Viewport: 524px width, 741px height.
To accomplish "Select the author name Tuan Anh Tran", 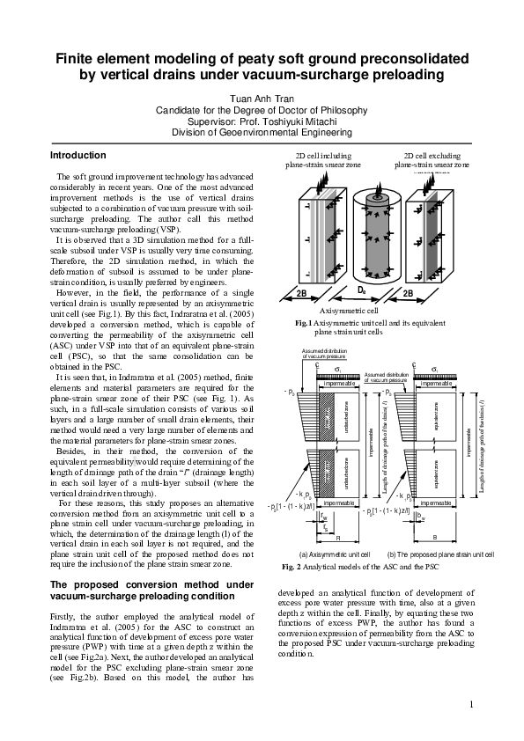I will tap(262, 98).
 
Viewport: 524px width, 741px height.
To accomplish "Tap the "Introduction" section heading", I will tap(80, 155).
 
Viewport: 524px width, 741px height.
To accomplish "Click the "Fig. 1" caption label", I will tap(303, 325).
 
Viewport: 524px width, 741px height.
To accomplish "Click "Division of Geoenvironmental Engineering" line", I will tap(262, 132).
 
